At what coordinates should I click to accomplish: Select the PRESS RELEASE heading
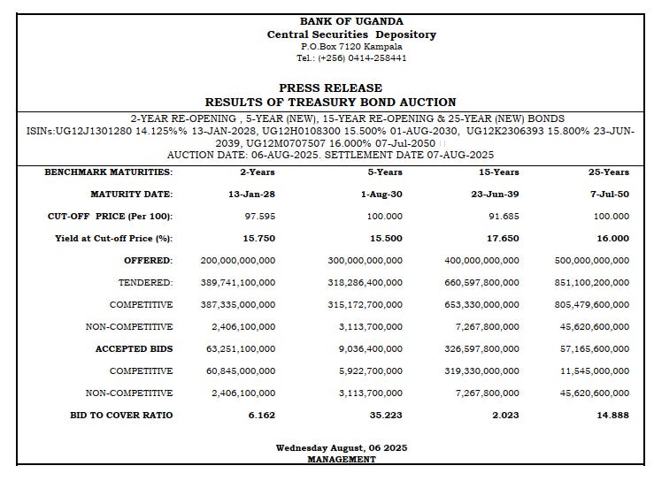coord(330,88)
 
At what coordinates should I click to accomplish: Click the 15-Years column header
coord(499,172)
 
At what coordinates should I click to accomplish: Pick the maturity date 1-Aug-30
coord(381,194)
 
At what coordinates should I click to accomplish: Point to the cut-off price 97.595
coord(260,216)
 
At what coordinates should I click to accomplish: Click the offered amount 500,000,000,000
coord(592,260)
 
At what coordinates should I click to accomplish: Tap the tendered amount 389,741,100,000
coord(238,282)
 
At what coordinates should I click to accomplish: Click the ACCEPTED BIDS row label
coord(134,348)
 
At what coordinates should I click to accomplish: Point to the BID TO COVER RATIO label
coord(121,415)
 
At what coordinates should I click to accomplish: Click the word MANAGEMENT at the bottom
coord(341,460)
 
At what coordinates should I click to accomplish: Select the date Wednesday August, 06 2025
coord(341,448)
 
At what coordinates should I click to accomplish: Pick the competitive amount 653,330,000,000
coord(482,304)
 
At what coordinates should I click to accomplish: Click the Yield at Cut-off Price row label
coord(113,238)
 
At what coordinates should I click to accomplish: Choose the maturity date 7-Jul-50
coord(612,194)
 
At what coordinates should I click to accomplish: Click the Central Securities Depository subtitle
coord(351,34)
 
